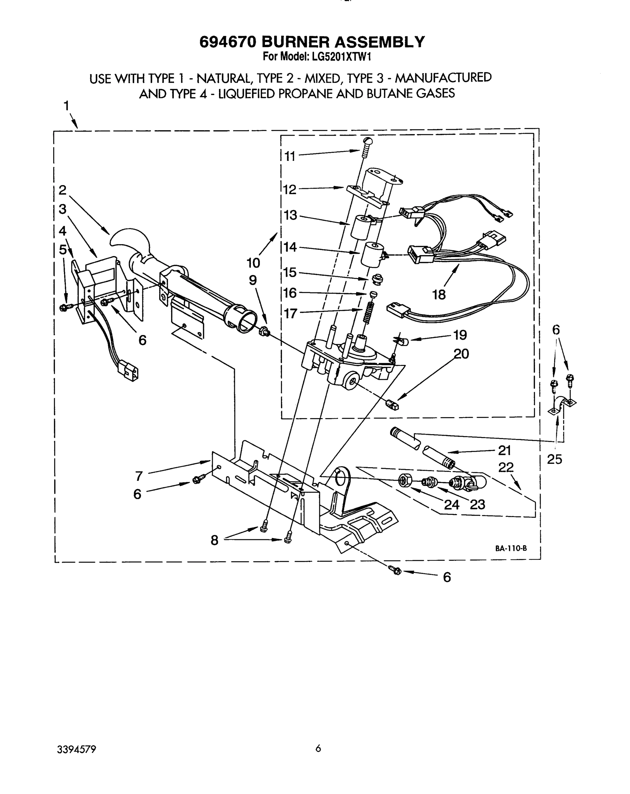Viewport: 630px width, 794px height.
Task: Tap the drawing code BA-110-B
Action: pyautogui.click(x=511, y=548)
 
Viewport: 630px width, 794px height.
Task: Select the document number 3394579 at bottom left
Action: pyautogui.click(x=77, y=749)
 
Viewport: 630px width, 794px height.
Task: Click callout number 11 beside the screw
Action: pyautogui.click(x=290, y=156)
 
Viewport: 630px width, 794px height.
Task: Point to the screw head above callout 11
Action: pyautogui.click(x=367, y=141)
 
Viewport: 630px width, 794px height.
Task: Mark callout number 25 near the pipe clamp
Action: pyautogui.click(x=554, y=459)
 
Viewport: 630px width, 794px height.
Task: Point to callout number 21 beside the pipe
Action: pyautogui.click(x=504, y=450)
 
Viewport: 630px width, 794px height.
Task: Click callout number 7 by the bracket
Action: pyautogui.click(x=139, y=476)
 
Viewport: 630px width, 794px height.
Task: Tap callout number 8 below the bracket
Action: pyautogui.click(x=214, y=540)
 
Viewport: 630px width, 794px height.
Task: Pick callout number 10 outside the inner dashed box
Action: pyautogui.click(x=253, y=263)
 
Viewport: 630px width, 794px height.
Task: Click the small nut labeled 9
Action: pyautogui.click(x=264, y=332)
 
